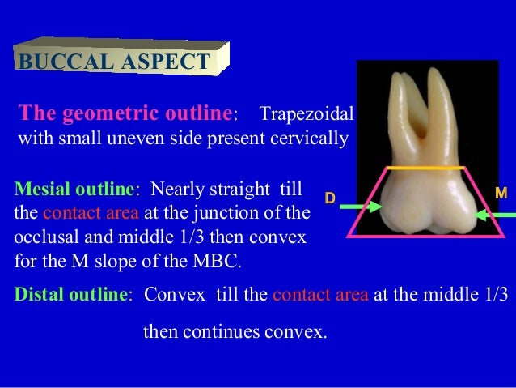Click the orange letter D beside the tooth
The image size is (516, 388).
coord(329,198)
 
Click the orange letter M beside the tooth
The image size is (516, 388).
coord(501,194)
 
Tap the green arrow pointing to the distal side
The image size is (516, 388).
coord(360,208)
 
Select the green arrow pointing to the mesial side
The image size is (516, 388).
coord(495,215)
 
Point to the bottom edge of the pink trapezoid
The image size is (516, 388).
coord(428,236)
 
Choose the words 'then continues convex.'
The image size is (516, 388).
coord(235,330)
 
